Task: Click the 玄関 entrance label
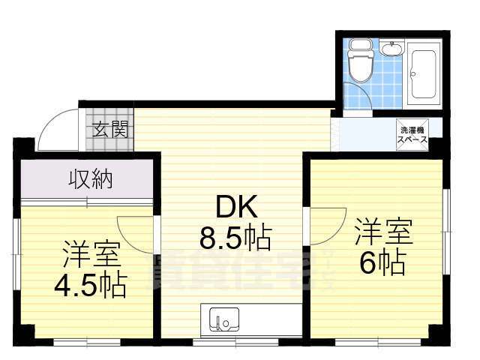(110, 128)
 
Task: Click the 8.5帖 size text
(235, 238)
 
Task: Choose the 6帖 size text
(383, 262)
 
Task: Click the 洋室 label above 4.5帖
(91, 255)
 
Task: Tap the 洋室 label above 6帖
(384, 232)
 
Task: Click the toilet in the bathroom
(360, 62)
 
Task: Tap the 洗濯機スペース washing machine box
(412, 134)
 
